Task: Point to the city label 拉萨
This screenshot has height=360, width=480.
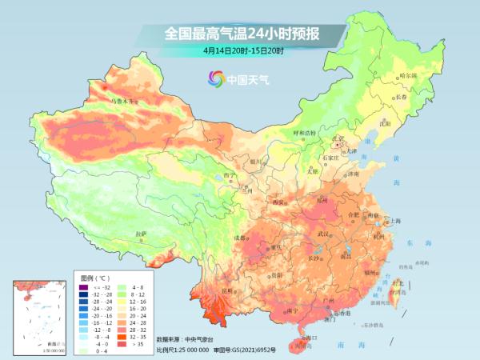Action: click(x=142, y=234)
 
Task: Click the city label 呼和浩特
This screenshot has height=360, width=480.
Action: click(x=304, y=132)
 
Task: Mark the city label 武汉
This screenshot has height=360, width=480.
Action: click(x=323, y=234)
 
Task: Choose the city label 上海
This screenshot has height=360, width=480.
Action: click(x=394, y=220)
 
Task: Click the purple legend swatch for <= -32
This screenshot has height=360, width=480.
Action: click(x=83, y=286)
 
